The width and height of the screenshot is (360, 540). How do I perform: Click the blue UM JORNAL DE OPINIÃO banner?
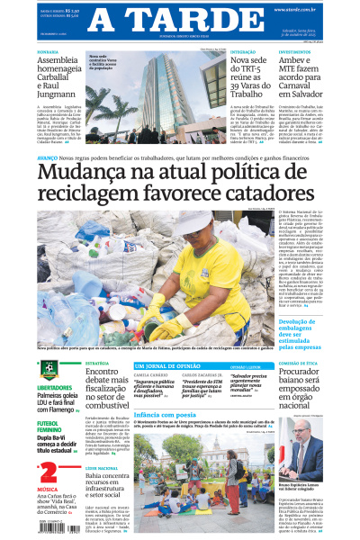click(163, 366)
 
